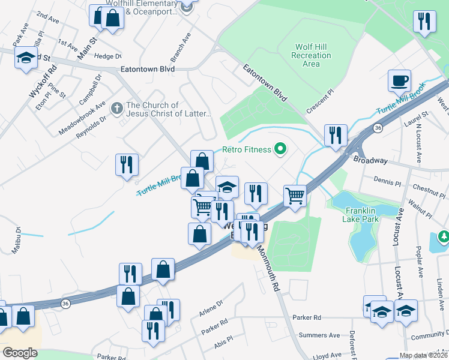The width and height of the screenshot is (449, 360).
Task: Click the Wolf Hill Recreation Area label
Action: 312,55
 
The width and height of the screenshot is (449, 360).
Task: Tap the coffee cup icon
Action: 399,80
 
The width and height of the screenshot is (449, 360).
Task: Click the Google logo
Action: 20,352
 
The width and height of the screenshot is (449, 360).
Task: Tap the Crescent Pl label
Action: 319,103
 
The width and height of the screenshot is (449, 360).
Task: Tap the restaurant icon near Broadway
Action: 334,135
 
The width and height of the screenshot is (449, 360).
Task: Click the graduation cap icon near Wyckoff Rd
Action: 26,58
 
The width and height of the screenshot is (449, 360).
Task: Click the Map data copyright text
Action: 423,355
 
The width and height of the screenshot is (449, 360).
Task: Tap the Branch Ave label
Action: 180,47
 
